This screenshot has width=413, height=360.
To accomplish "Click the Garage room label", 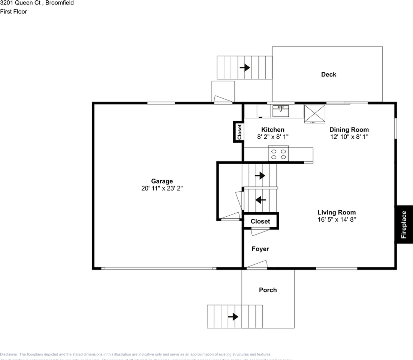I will coord(162,181).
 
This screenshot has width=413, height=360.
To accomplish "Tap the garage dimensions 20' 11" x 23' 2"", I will coord(162,188).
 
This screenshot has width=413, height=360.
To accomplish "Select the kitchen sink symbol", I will coord(281,111).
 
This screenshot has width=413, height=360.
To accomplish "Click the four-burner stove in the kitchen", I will coord(278,154).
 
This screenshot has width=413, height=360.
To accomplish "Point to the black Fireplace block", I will coord(404,225).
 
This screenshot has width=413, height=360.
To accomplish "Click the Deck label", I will coord(328,74).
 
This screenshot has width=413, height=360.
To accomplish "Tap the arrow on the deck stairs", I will coord(245,67).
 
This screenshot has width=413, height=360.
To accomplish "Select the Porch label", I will coord(268,290).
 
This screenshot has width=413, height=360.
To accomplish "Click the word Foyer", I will coord(260,249).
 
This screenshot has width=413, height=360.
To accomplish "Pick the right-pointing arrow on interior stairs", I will coord(260,175).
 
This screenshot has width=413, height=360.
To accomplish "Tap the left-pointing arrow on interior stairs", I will coord(260,200).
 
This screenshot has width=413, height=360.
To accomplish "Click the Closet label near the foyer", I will coord(260,221).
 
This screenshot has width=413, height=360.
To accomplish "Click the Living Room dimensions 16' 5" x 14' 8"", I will coord(336,219).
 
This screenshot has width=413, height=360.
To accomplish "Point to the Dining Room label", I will coord(349,130).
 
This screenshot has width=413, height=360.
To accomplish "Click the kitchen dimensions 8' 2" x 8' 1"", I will coord(272,137).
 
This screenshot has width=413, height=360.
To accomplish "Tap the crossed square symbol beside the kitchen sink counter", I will coord(314,114).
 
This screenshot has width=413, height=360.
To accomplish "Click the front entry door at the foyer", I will coord(256,268).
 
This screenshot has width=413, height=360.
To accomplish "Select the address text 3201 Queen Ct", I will coord(21,3).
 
